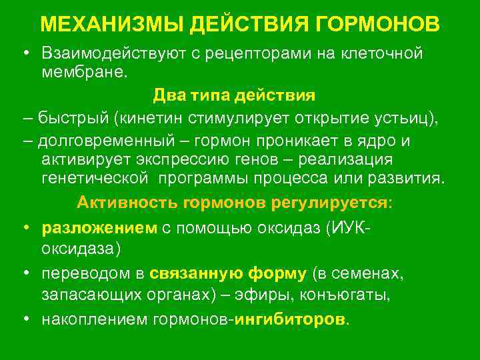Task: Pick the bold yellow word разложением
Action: [99, 227]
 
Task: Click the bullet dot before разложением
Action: [24, 227]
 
